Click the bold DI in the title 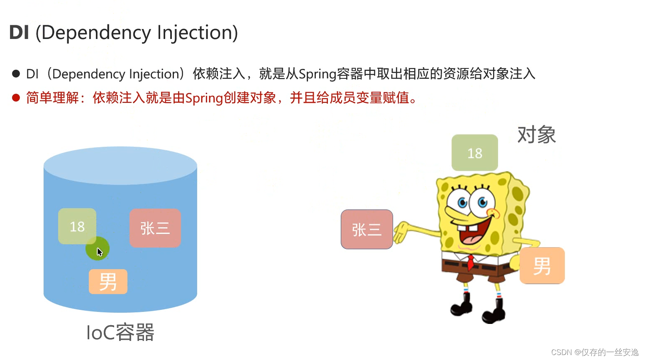(x=19, y=33)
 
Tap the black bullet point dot (x=16, y=74)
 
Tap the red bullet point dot (x=16, y=98)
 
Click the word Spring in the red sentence (x=204, y=98)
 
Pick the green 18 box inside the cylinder (x=77, y=226)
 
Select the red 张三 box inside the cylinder (x=155, y=228)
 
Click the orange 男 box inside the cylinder (x=108, y=282)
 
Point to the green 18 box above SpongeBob (x=474, y=153)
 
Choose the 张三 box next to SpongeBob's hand (x=366, y=229)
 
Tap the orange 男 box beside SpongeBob (x=542, y=266)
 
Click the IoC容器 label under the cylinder (x=120, y=333)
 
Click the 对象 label (x=536, y=135)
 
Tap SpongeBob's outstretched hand (x=401, y=232)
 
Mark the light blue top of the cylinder (x=120, y=165)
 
